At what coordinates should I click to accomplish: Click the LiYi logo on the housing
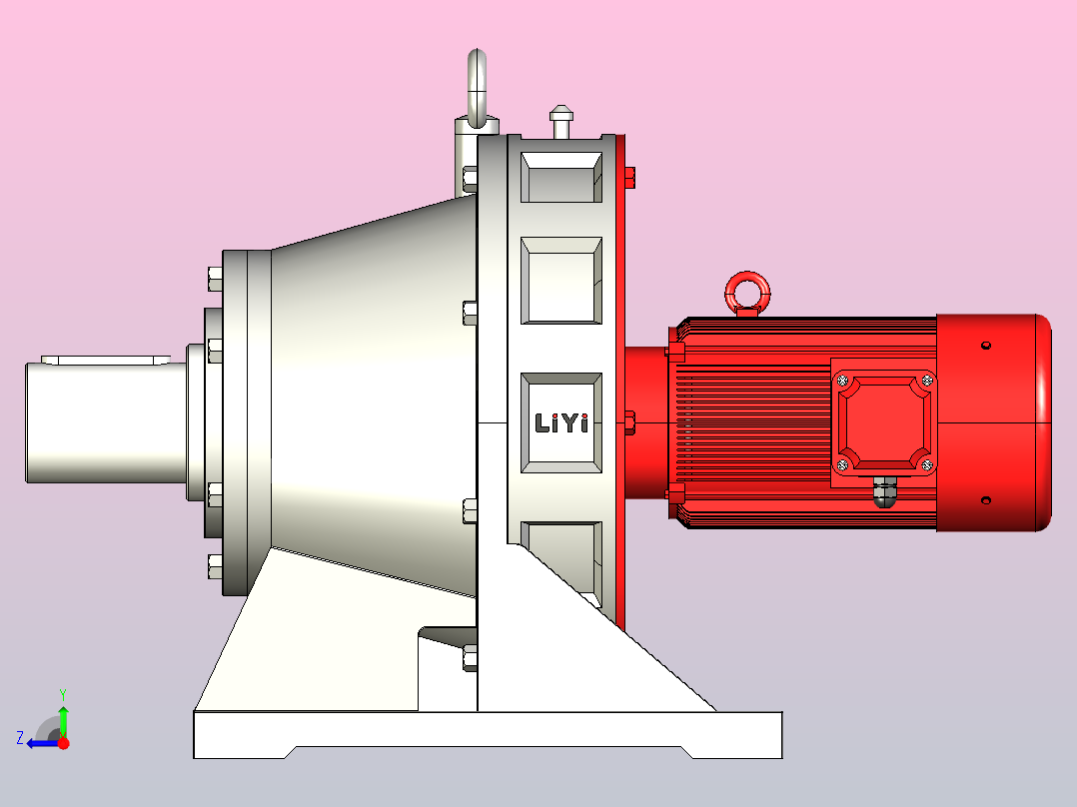(561, 423)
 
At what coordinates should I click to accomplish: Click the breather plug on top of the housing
(561, 121)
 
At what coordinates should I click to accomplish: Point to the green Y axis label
(63, 694)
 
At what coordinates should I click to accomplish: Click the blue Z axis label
(20, 738)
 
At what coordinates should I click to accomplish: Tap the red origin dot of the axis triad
(63, 743)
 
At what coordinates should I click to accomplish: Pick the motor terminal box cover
(885, 423)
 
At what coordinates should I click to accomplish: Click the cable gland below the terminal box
(885, 491)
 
